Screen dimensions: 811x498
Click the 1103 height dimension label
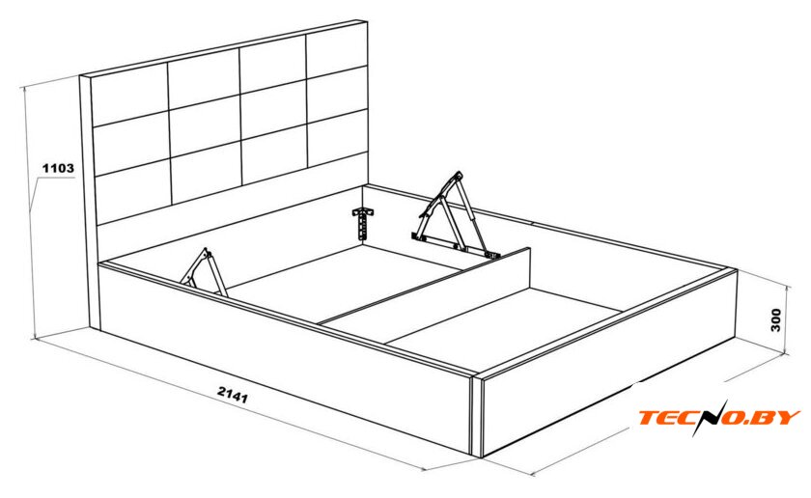click(x=58, y=168)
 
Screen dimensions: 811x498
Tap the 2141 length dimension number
click(x=233, y=395)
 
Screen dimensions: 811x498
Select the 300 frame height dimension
click(x=776, y=320)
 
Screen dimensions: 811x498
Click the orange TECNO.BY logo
click(x=719, y=417)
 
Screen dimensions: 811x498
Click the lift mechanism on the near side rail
click(x=204, y=272)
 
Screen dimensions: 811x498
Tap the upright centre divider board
click(x=424, y=289)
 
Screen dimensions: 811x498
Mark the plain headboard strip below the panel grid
click(x=233, y=206)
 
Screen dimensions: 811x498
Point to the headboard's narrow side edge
click(x=88, y=202)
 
